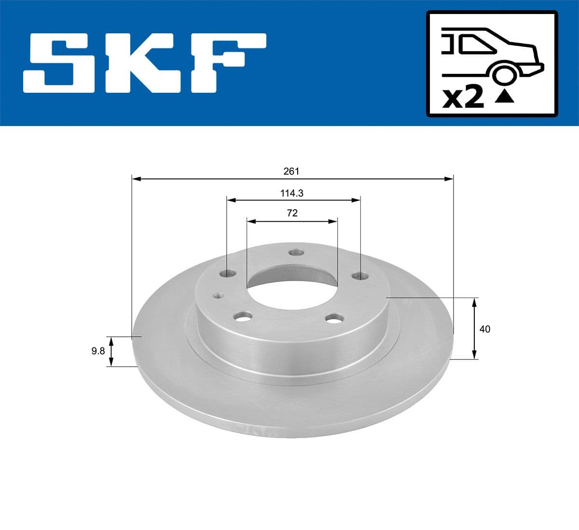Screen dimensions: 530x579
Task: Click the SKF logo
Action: tap(145, 63)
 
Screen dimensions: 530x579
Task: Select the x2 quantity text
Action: tap(463, 98)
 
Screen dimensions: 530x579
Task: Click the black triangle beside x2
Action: tap(505, 97)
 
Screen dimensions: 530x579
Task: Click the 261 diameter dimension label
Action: tap(291, 171)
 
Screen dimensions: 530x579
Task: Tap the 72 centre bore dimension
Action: tap(292, 213)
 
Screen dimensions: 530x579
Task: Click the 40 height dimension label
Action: tap(485, 329)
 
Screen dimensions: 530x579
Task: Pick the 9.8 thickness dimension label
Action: tap(98, 351)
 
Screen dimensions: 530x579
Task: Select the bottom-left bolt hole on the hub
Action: tap(242, 317)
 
